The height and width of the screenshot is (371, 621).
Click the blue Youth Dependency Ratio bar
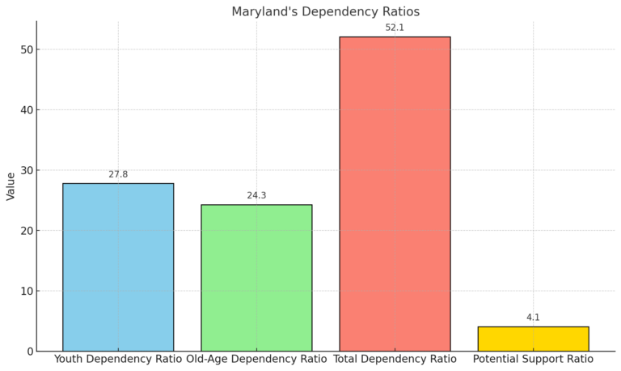click(x=118, y=267)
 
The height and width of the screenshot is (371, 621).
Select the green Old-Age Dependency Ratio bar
click(x=256, y=278)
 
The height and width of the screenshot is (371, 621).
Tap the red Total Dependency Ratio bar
click(x=395, y=194)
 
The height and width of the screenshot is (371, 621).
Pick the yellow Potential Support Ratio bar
click(x=533, y=339)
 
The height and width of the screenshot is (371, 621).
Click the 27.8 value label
click(x=118, y=174)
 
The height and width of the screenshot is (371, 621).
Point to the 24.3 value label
click(x=256, y=195)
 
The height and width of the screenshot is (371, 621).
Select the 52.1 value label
click(x=395, y=28)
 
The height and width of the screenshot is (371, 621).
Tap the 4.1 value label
click(x=533, y=318)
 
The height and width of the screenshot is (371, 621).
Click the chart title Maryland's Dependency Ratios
click(x=325, y=11)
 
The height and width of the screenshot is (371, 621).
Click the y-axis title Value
click(x=11, y=185)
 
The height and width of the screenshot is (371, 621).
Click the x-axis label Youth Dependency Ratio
click(x=118, y=359)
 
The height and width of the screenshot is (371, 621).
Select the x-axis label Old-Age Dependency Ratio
click(x=256, y=359)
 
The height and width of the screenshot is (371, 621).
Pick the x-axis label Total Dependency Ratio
click(x=395, y=359)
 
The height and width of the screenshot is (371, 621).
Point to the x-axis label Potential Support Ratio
click(x=533, y=359)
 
